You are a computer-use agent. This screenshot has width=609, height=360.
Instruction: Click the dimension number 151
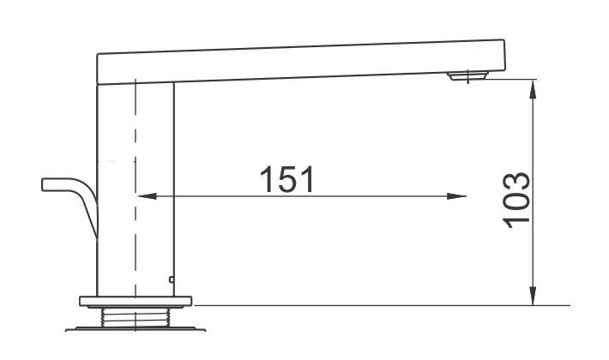(x=287, y=179)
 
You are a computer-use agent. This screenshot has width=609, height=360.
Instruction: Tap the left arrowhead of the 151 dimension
(x=147, y=196)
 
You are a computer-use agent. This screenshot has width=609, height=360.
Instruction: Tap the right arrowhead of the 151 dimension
(x=459, y=196)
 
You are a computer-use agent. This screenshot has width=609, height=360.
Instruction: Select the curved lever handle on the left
(x=77, y=197)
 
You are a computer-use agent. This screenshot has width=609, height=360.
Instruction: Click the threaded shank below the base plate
(x=136, y=316)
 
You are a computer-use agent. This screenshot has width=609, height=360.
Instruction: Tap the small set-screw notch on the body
(x=172, y=279)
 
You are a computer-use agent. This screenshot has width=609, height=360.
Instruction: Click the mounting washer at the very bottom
(x=136, y=327)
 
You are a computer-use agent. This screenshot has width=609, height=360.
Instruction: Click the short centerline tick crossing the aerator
(x=468, y=72)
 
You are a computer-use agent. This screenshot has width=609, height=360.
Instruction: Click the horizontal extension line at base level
(x=386, y=304)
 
